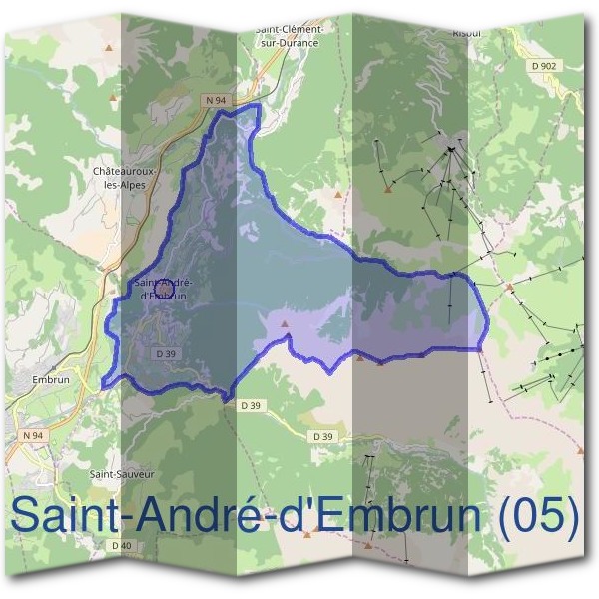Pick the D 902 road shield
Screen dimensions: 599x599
544,65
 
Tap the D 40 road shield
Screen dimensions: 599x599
122,545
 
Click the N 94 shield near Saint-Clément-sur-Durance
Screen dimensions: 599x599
217,100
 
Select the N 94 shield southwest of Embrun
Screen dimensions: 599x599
33,436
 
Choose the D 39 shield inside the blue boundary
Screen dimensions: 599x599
166,353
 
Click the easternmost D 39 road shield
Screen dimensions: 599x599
322,436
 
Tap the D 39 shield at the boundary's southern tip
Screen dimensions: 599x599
250,405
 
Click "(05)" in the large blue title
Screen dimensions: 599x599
540,516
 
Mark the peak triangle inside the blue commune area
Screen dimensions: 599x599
285,324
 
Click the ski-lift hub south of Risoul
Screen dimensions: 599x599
451,150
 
